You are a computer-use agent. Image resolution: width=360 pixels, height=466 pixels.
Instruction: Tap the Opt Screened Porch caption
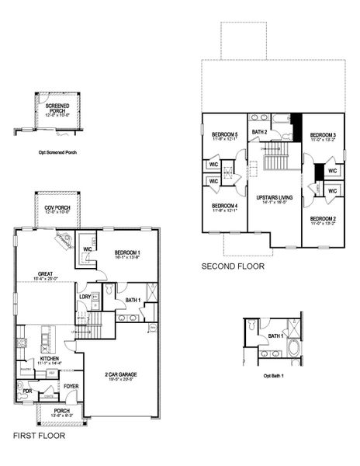57,152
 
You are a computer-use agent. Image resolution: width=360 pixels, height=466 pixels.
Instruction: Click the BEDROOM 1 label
127,253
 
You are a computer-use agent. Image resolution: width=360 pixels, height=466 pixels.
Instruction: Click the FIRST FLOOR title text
39,436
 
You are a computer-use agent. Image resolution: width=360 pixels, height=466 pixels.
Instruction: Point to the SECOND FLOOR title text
233,266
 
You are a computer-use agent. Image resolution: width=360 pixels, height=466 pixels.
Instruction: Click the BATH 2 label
260,133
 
